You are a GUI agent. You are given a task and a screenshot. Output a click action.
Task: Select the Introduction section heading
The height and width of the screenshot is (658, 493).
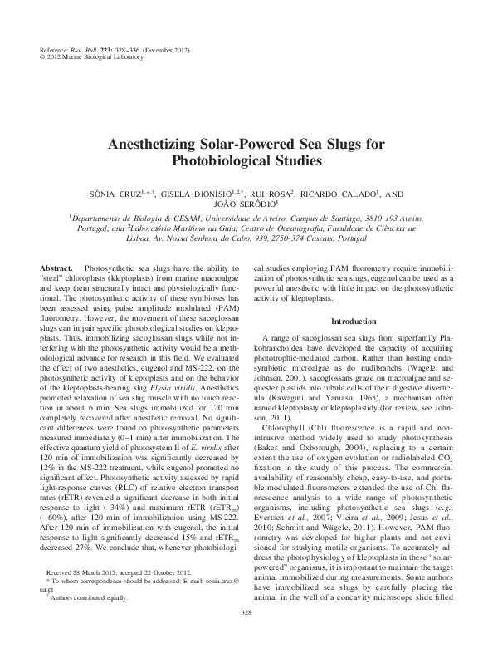pos(354,321)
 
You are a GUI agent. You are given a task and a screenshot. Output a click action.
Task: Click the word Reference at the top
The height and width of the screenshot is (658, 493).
pos(56,51)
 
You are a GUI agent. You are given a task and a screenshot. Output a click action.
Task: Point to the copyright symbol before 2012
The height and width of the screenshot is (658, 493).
pos(43,58)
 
